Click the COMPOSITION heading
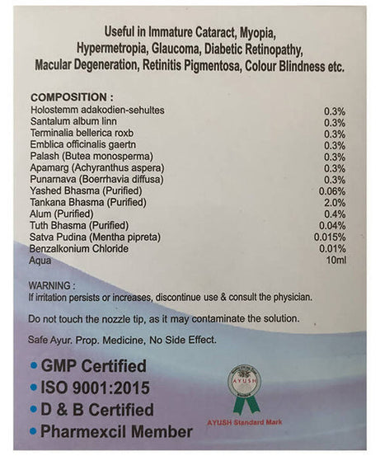pyautogui.click(x=68, y=96)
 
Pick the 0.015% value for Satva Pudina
pyautogui.click(x=330, y=237)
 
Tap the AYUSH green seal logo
pyautogui.click(x=245, y=387)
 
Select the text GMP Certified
pyautogui.click(x=93, y=365)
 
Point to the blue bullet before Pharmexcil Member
pyautogui.click(x=33, y=432)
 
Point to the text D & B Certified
pyautogui.click(x=97, y=410)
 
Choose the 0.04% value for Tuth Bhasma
pyautogui.click(x=332, y=226)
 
